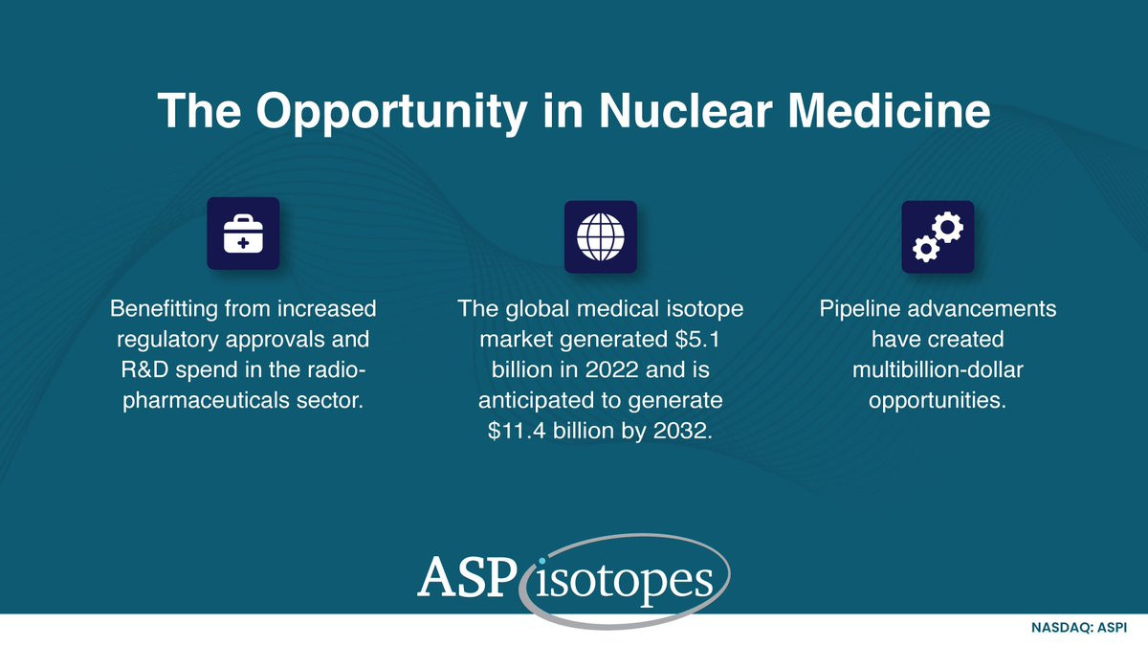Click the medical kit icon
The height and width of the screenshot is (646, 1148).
click(x=243, y=234)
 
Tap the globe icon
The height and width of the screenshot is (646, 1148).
click(x=601, y=237)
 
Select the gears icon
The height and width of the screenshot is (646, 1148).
click(x=938, y=237)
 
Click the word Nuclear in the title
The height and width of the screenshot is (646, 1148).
click(x=686, y=111)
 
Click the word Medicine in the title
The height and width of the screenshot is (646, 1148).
click(x=889, y=111)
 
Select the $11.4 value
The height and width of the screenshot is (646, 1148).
click(x=517, y=431)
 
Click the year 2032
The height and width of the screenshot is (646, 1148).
click(x=683, y=431)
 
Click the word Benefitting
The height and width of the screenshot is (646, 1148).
click(x=164, y=308)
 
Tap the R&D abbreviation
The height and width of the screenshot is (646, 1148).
click(x=144, y=369)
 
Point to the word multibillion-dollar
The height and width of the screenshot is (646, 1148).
click(x=938, y=369)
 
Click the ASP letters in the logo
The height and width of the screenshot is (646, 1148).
click(x=467, y=577)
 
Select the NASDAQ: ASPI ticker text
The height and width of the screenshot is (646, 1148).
click(x=1079, y=628)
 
